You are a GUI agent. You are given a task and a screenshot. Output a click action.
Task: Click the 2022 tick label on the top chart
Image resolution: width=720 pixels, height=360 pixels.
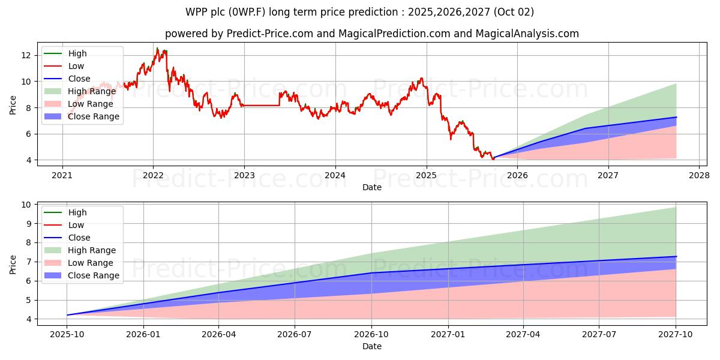coord(153,175)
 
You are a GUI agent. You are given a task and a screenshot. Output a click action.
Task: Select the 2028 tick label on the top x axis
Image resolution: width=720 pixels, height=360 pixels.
coord(699,175)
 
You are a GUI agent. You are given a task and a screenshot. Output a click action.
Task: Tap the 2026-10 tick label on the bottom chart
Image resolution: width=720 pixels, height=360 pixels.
coord(371,334)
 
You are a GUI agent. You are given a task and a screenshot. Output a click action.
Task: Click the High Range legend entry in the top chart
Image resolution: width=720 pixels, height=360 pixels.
coord(90,91)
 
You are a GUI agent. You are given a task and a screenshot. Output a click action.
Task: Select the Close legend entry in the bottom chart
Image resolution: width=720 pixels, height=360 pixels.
coord(79,238)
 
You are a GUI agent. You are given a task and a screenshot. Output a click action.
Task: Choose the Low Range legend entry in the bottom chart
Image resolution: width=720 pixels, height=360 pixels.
coord(90,263)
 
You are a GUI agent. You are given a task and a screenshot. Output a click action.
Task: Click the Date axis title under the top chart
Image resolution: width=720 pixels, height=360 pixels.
coord(372,187)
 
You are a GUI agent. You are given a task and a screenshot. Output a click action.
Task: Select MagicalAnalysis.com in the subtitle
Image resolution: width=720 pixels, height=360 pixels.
coord(527,34)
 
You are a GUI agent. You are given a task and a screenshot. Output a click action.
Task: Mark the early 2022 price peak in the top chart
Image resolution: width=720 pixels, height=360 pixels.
coord(158,48)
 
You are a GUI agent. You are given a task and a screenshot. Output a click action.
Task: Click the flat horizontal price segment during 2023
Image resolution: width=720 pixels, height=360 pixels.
coord(261,106)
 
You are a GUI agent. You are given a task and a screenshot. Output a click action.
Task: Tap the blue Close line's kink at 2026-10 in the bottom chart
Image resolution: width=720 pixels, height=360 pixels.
coord(371,273)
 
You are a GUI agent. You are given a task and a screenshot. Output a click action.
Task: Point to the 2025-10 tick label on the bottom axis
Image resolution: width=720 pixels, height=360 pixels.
coord(67,334)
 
